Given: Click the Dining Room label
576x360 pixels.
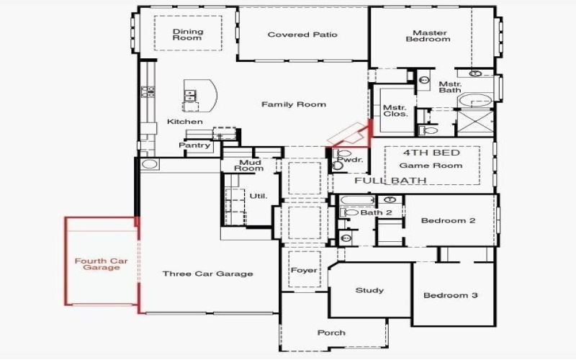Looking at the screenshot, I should [x=187, y=35].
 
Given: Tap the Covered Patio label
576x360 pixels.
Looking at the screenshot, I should [x=302, y=35].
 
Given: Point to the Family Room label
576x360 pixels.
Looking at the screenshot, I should [x=293, y=104].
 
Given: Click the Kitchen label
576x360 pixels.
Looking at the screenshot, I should [x=185, y=122].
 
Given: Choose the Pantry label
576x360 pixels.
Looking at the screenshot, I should [x=195, y=145].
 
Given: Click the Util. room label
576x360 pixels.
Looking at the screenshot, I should [x=258, y=196].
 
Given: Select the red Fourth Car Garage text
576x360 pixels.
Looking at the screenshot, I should [x=101, y=264].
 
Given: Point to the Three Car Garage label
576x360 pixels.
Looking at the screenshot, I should [x=207, y=274].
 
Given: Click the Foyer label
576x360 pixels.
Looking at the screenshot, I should [x=304, y=271].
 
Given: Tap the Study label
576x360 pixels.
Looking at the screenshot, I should [x=369, y=291].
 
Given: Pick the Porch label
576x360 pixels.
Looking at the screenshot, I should [x=331, y=333].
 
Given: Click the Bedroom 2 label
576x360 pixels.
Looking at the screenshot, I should [x=448, y=220].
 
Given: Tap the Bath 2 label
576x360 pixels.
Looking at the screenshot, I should [x=376, y=212].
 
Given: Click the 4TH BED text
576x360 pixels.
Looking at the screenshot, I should [x=431, y=153].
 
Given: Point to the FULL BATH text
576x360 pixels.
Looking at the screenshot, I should [x=390, y=180].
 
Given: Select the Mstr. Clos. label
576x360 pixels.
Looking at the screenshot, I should [x=395, y=110].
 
